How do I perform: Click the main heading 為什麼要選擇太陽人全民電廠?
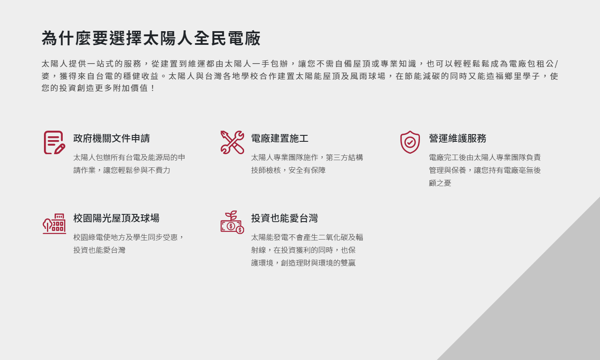tap(151, 38)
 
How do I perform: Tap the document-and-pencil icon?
tap(54, 142)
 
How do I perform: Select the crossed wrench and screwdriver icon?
tap(232, 142)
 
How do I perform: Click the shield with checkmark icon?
tap(410, 142)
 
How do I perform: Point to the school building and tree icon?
tap(54, 224)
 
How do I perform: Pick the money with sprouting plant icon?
tap(232, 222)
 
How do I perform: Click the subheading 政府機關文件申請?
tap(111, 138)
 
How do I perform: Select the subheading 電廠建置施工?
tap(280, 138)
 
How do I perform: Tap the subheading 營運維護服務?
tap(457, 138)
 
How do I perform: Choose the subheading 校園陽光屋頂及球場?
tap(116, 218)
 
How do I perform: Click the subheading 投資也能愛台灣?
tap(285, 218)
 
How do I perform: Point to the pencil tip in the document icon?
tap(55, 153)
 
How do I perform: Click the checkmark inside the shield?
tap(410, 142)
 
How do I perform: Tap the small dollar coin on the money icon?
tap(240, 230)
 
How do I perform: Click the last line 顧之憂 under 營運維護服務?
tap(440, 183)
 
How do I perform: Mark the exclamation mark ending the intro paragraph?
tap(153, 88)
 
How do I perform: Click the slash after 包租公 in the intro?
tap(556, 64)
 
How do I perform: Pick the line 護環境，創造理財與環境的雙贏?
tap(303, 263)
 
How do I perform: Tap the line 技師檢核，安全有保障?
tap(288, 170)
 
